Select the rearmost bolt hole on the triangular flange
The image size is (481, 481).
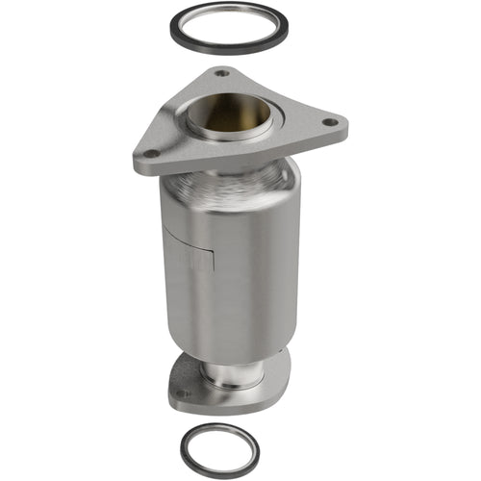click(222, 72)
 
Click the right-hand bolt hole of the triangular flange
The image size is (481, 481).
click(330, 122)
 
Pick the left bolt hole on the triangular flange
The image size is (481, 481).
click(151, 152)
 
